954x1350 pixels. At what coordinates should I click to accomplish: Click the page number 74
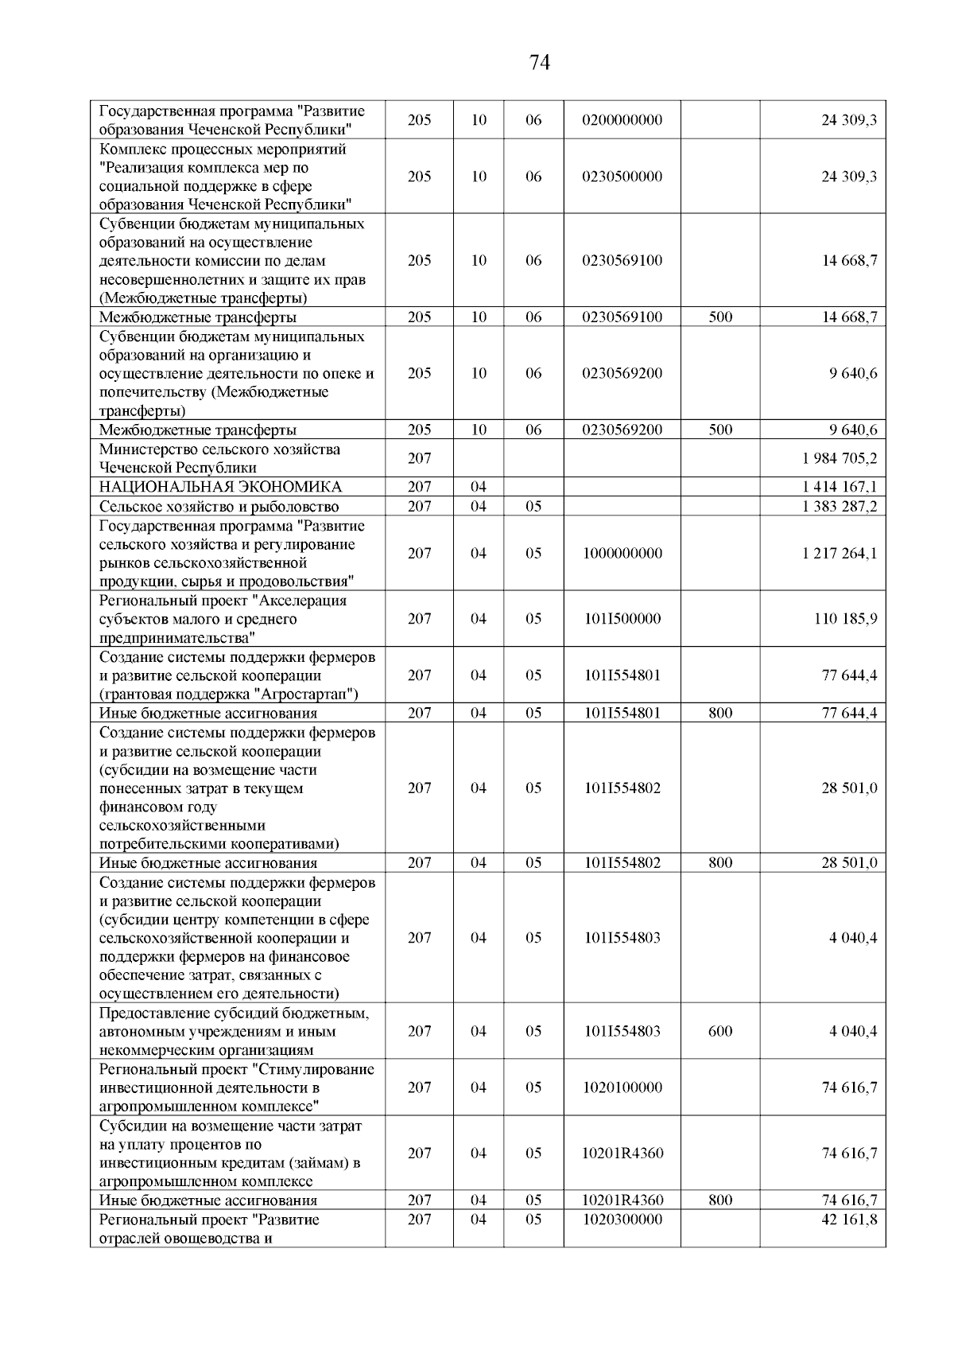[539, 63]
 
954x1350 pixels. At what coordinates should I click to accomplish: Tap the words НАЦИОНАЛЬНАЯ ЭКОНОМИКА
[220, 487]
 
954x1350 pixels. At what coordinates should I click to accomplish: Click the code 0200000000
[622, 120]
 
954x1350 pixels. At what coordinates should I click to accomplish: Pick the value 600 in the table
[719, 1031]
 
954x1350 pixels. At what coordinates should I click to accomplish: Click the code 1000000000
[622, 554]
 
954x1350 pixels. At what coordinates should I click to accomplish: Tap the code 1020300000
[622, 1220]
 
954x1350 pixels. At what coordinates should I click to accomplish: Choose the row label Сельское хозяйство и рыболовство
[219, 507]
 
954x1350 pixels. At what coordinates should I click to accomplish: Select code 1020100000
[622, 1087]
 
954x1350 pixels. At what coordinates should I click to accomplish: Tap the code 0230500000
[622, 177]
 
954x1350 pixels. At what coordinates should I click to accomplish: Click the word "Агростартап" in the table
[310, 694]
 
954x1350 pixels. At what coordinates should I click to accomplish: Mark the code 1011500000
[622, 619]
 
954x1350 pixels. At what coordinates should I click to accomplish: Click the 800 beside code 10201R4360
[719, 1200]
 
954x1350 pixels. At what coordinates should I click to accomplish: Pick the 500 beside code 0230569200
[719, 430]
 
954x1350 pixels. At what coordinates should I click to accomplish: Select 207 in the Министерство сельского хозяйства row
[419, 459]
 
